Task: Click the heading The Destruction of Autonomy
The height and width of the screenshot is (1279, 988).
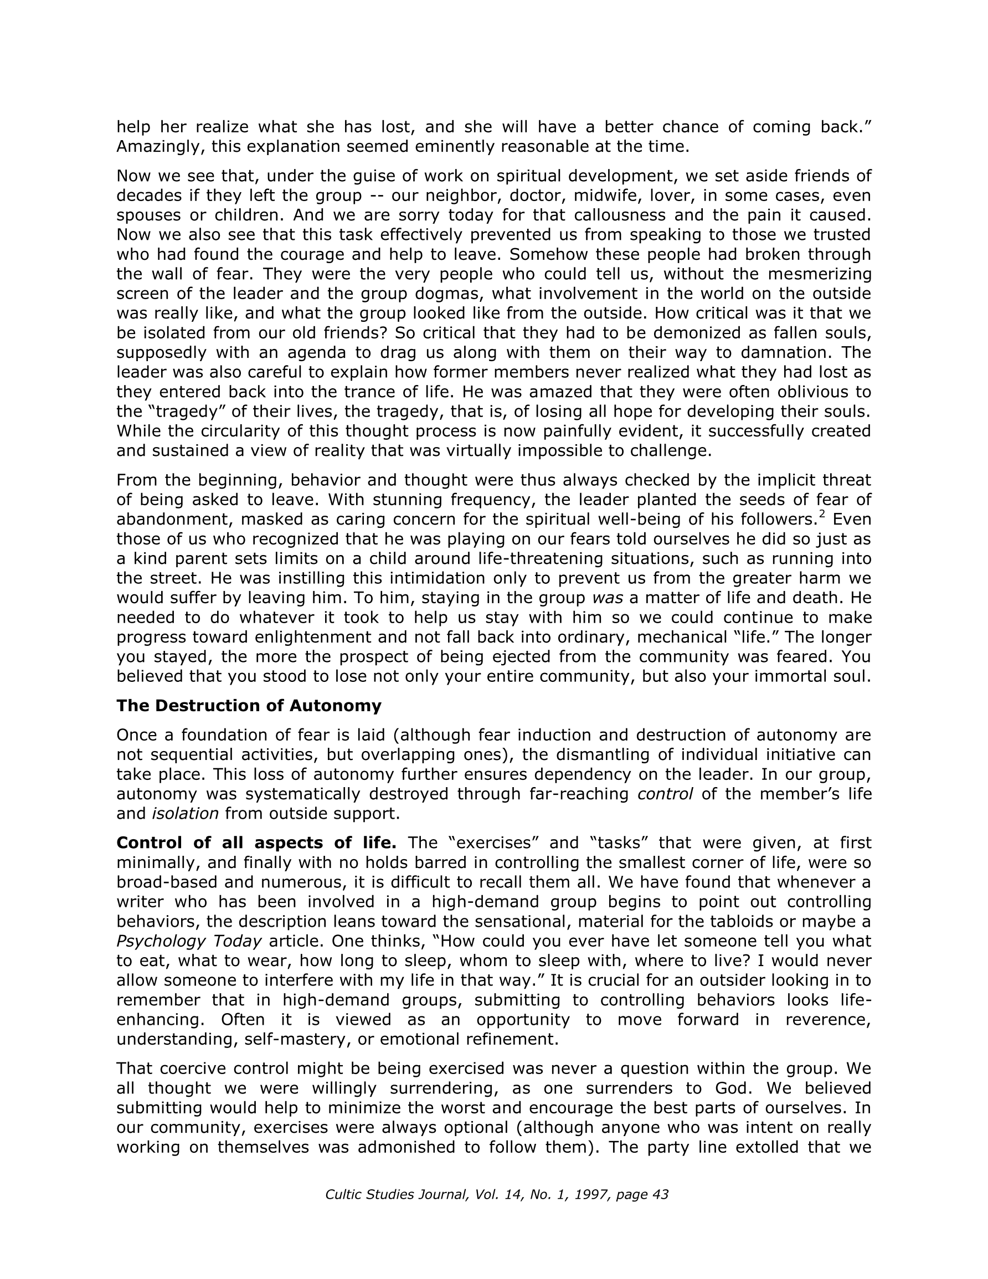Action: pos(249,706)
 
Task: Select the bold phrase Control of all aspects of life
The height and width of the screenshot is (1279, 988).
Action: pos(256,843)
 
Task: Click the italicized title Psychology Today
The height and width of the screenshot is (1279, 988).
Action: pos(189,941)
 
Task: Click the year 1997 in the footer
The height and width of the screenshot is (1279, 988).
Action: pos(591,1195)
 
